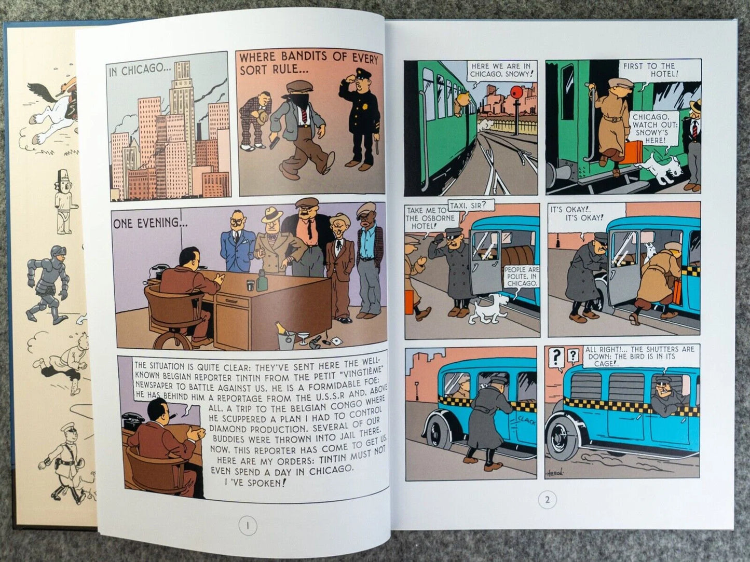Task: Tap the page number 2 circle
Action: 547,500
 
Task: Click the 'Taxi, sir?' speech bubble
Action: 467,205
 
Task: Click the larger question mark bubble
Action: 556,357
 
